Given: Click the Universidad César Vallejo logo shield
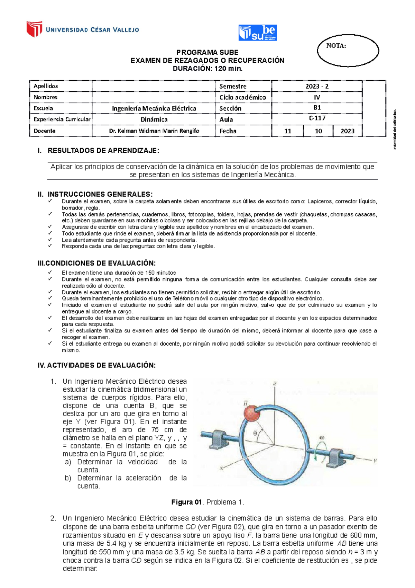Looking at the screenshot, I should point(34,29).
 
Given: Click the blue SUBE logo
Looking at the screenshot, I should point(257,33).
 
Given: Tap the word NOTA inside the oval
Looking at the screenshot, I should point(336,46).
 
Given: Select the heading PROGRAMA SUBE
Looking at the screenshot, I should point(207,52).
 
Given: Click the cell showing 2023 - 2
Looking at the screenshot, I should point(317,86).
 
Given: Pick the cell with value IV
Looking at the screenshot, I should point(317,97).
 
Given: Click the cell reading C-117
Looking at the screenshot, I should point(317,118).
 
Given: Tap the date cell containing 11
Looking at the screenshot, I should point(287,131).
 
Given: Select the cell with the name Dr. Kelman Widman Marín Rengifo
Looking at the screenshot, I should point(154,131).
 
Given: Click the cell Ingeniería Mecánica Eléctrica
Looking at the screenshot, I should point(154,108).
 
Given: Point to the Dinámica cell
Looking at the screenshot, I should point(154,119).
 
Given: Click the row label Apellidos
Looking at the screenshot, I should point(46,86).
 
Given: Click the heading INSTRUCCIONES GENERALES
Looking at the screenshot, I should point(100,194).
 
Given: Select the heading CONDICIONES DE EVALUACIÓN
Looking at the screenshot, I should point(100,263).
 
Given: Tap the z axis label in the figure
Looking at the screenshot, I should point(275,383).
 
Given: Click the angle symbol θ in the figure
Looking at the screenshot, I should point(255,433).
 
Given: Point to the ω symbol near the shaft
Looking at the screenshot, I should point(322,438).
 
